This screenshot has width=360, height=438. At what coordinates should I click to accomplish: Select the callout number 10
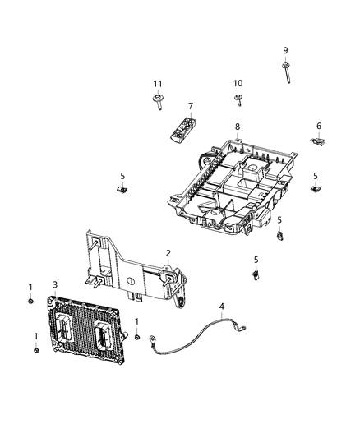[238, 83]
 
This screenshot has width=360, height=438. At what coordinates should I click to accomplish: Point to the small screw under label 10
[238, 100]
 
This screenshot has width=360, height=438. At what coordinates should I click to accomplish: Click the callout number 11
[157, 84]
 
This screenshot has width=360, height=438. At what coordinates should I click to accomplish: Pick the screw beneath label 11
[157, 102]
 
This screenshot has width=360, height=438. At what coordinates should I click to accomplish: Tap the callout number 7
[190, 107]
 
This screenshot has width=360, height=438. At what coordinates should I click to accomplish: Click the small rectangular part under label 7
[184, 129]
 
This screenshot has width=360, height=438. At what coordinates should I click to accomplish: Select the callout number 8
[237, 127]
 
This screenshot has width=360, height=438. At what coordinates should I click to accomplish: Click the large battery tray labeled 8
[234, 185]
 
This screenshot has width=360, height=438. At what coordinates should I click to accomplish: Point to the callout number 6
[318, 125]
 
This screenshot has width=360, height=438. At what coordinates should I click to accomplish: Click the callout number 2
[168, 253]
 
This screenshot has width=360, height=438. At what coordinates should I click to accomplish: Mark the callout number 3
[54, 284]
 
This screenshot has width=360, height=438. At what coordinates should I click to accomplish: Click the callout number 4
[220, 307]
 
